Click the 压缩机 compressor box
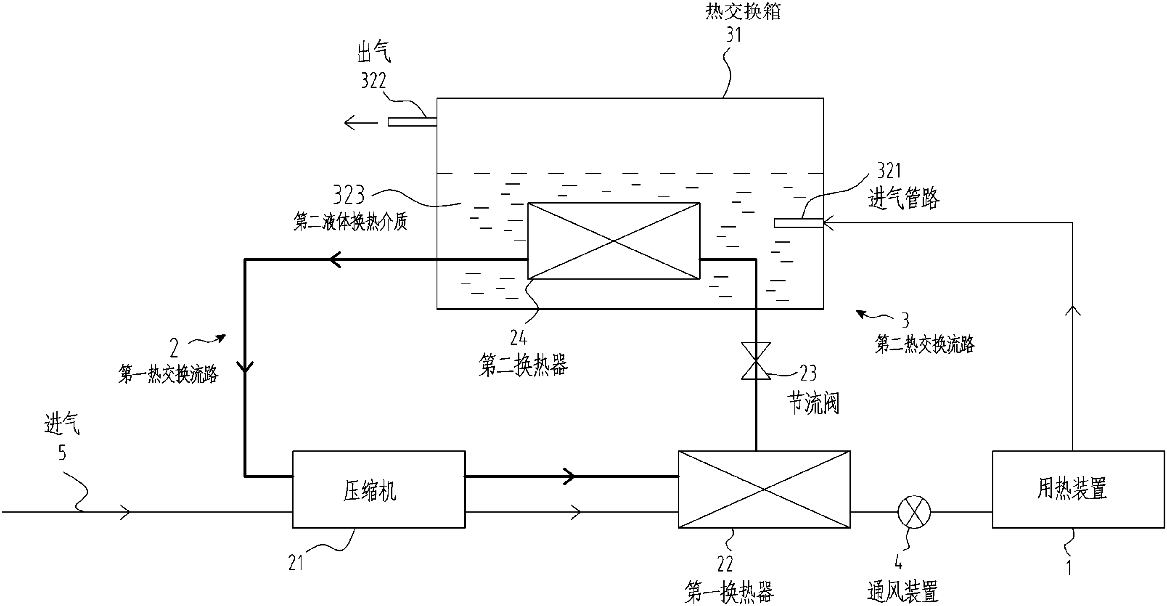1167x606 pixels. point(379,489)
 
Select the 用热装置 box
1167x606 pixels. point(1078,489)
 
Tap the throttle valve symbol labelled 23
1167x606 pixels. point(756,360)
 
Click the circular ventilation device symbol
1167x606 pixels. point(914,512)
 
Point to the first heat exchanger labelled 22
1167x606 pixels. point(764,489)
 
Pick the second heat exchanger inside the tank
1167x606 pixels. point(614,241)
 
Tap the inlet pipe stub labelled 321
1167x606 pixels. point(798,223)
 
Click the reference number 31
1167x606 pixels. point(733,35)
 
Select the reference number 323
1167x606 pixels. point(349,195)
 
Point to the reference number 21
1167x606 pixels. point(296,563)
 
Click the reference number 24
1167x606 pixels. point(518,337)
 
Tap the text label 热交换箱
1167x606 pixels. point(743,11)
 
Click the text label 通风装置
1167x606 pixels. point(902,592)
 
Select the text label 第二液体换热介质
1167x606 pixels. point(350,222)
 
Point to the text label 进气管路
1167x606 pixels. point(903,198)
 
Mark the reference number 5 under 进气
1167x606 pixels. point(62,453)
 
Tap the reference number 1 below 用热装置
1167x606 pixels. point(1069,567)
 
